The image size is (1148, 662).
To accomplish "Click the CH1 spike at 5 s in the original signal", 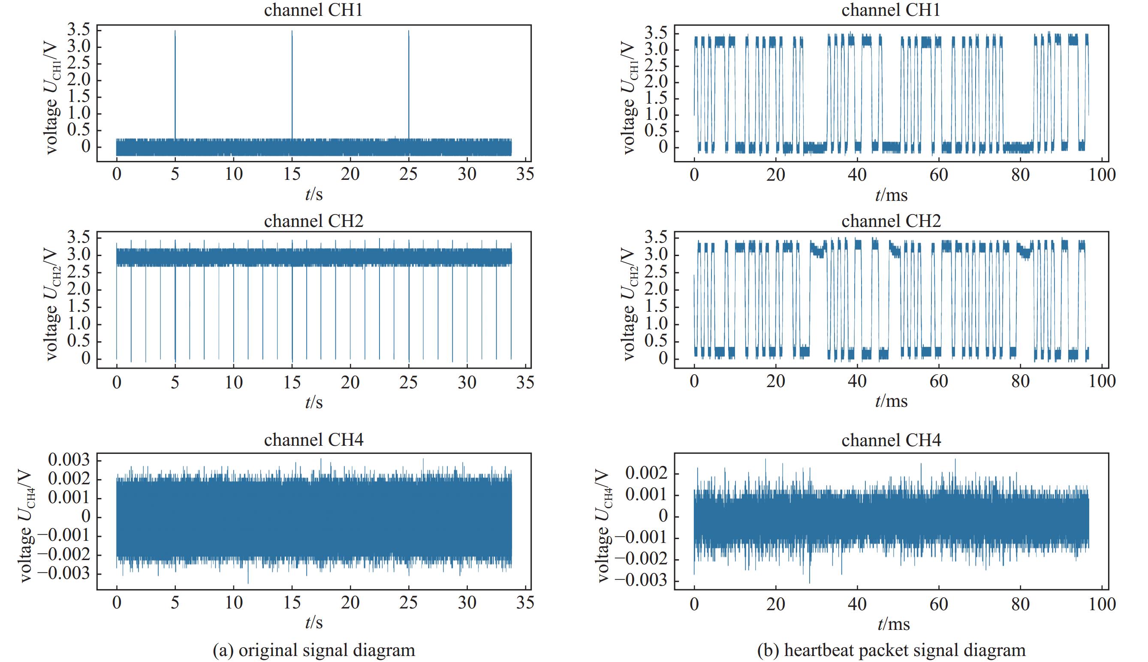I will tap(175, 82).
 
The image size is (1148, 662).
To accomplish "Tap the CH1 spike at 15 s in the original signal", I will tap(292, 82).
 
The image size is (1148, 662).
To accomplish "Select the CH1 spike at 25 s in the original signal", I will tap(409, 82).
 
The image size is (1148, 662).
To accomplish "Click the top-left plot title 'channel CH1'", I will tap(313, 10).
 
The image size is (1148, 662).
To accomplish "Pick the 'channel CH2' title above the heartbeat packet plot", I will tap(891, 221).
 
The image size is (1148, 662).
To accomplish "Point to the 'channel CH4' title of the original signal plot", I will tap(313, 440).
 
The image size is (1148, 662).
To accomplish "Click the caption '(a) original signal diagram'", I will tap(313, 650).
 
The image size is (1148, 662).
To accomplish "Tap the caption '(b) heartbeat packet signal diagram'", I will tap(891, 650).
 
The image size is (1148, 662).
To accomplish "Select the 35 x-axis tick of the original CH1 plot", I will tap(525, 174).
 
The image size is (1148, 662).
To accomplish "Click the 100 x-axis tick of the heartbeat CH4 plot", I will tap(1102, 604).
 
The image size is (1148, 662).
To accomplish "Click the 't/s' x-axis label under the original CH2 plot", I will tap(313, 402).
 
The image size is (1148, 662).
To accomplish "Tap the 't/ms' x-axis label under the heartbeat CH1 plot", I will tap(891, 195).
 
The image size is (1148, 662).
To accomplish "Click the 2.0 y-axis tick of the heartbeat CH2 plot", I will tap(656, 289).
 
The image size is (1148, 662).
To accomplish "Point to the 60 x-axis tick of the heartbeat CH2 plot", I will tap(939, 381).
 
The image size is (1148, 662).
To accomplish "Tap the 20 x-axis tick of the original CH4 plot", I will tap(350, 603).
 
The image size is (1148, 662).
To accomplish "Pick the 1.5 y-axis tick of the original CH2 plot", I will tap(78, 307).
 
